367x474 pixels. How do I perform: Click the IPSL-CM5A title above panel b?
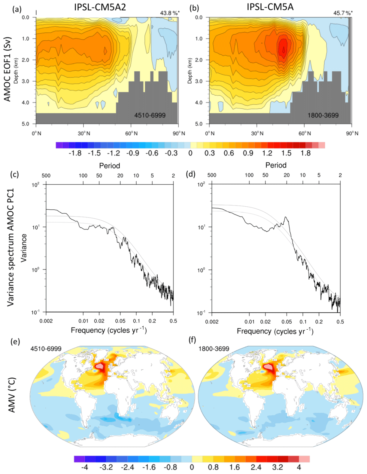coord(270,7)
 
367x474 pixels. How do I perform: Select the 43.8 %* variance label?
coord(170,13)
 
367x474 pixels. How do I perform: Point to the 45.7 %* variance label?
coord(343,13)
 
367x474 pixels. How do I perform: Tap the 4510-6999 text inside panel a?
coord(150,115)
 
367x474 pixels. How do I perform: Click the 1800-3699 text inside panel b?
coord(323,115)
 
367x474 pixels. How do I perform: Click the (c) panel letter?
coord(14,174)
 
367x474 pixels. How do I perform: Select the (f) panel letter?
coord(192,340)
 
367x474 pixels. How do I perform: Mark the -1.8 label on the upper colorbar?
coord(75,153)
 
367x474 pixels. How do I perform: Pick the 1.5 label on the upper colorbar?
coord(286,153)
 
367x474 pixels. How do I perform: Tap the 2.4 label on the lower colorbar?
coord(256,467)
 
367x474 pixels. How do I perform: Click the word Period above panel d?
coord(276,165)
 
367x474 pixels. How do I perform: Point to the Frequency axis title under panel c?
coord(109,330)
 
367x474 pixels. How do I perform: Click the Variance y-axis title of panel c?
coord(24,248)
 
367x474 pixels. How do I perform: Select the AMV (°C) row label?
coord(12,395)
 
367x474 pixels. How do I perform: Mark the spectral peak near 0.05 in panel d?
coord(286,217)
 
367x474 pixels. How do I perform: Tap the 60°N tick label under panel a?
coord(132,133)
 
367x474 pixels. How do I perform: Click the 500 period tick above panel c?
coord(46,176)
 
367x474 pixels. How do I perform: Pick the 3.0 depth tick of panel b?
coord(199,82)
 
